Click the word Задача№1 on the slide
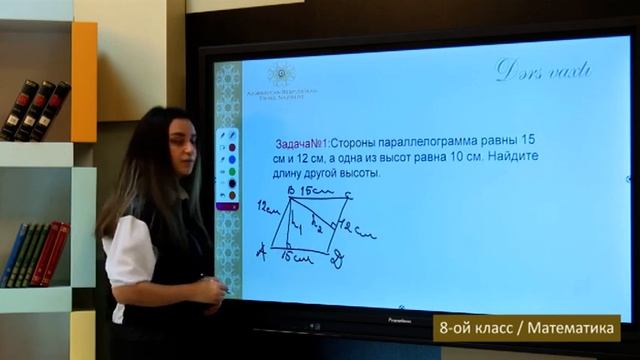[301, 143]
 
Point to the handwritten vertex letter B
[289, 189]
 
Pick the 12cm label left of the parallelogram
[265, 207]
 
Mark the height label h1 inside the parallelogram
[297, 230]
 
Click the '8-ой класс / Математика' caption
[526, 327]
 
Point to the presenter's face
[168, 150]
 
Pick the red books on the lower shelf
[50, 254]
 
